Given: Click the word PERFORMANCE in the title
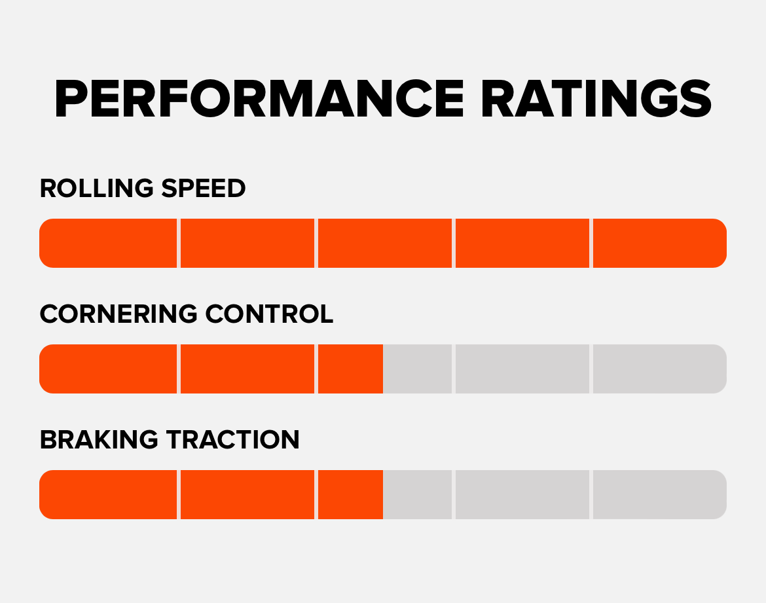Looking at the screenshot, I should [x=259, y=100].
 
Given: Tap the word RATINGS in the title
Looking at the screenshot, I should [x=596, y=100].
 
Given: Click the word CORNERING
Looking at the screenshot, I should [x=118, y=314].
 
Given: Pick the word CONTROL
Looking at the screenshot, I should [x=269, y=314].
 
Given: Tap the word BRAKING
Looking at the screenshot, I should [x=99, y=439].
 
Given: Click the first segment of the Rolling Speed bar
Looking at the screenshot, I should [x=108, y=243].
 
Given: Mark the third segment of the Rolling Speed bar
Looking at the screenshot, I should [x=384, y=243].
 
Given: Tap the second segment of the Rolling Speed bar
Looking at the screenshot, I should [x=247, y=243].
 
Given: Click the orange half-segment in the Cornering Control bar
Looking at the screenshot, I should [x=350, y=369].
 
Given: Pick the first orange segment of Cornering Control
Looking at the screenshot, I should [x=108, y=369].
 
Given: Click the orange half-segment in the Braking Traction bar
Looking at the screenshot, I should [x=350, y=494].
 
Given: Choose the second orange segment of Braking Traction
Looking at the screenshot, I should [x=247, y=494].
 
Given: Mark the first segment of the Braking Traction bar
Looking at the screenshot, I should [x=108, y=494].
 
